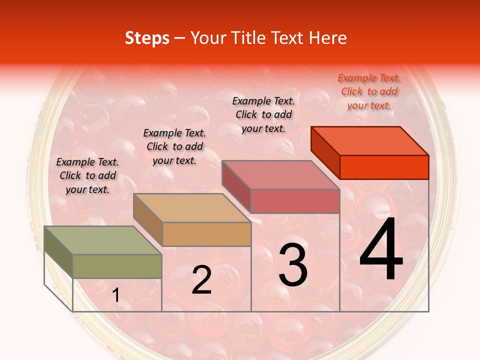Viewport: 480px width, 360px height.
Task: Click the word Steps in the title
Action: [147, 38]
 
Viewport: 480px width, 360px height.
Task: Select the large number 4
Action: [381, 249]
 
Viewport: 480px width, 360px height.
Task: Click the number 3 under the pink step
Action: [293, 265]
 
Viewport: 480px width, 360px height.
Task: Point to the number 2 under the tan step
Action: [202, 280]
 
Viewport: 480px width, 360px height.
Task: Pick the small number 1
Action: [116, 295]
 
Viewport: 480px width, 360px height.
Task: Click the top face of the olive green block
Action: [103, 240]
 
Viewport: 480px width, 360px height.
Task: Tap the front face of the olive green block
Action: [117, 266]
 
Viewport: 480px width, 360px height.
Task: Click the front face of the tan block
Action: [206, 234]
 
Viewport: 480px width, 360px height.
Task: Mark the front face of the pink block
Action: [295, 201]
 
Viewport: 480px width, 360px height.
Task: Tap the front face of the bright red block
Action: [384, 167]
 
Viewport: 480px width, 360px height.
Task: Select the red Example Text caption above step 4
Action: [369, 91]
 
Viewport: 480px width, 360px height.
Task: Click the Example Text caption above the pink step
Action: [263, 114]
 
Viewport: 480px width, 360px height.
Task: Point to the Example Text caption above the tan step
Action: [174, 146]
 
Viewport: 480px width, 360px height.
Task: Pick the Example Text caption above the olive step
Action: [87, 175]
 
